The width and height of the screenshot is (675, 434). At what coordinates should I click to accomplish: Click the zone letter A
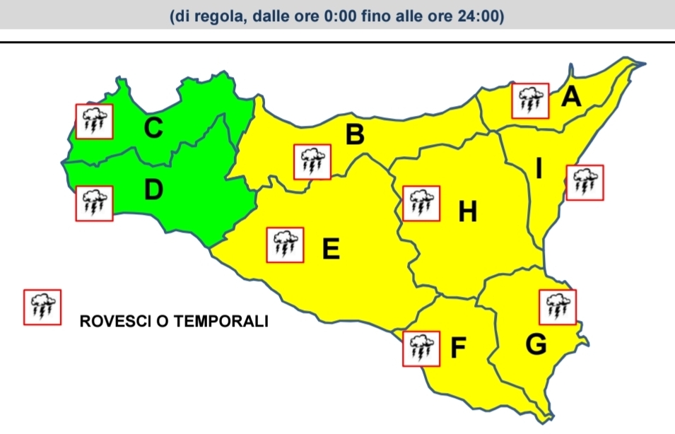pos(571,96)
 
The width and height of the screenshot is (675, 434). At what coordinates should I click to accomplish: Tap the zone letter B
pos(355,134)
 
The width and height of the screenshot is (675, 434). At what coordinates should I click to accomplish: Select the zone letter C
pos(153,129)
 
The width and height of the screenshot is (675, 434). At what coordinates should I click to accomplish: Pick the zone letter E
pos(331,249)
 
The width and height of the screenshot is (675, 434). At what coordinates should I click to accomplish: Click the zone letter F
pos(459,346)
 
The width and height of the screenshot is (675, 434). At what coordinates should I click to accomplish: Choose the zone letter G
pos(536,345)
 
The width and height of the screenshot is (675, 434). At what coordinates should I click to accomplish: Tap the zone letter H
pos(467,211)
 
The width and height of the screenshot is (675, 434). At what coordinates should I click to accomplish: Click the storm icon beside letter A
pos(530,101)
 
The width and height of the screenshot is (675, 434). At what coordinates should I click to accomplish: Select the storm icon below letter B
pos(312,161)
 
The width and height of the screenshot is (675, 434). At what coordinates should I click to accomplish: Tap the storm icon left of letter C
pos(94,121)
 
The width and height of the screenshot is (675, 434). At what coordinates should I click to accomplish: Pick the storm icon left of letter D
pos(94,203)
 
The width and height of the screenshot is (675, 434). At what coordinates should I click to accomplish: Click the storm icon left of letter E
pos(285,245)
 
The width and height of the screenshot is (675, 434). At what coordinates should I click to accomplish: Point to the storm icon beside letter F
pos(421,348)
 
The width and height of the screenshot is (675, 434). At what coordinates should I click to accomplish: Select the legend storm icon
pos(42,307)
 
